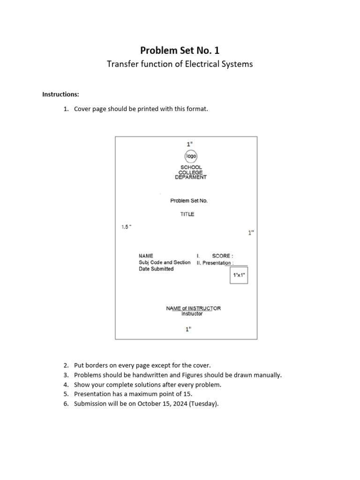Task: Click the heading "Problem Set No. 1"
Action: [x=180, y=50]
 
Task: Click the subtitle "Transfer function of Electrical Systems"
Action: [x=180, y=64]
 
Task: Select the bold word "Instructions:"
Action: [x=60, y=94]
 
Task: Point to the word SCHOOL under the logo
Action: [x=191, y=167]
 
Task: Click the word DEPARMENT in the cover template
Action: [x=191, y=177]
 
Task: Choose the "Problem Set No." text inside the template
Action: [x=188, y=201]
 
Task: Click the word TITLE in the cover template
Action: [x=187, y=214]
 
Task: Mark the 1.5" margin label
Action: [x=127, y=227]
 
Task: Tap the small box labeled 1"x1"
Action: [x=239, y=275]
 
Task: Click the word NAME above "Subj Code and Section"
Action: [x=146, y=256]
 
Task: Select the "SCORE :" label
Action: [x=222, y=256]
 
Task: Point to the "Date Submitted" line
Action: [x=156, y=269]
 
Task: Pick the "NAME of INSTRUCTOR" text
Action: [x=193, y=308]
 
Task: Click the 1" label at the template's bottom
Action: [x=188, y=329]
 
